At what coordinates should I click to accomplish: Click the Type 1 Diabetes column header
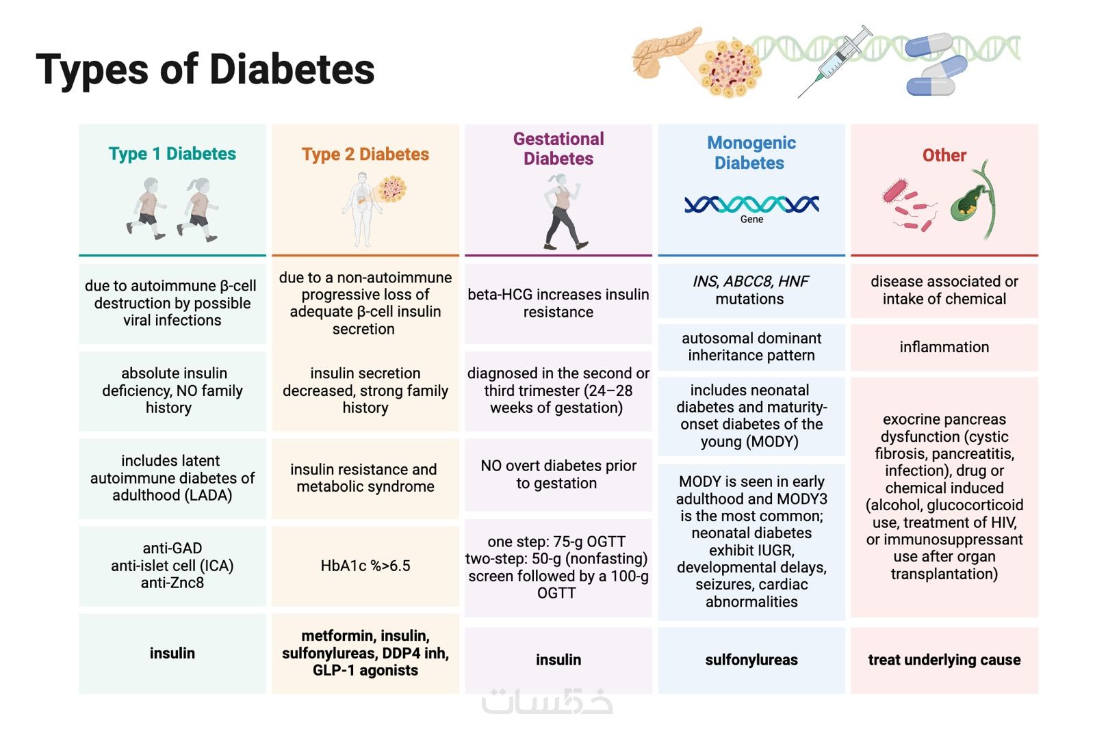pyautogui.click(x=172, y=154)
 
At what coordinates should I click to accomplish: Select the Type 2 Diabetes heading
pyautogui.click(x=365, y=155)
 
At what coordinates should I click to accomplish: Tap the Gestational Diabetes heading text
pyautogui.click(x=558, y=148)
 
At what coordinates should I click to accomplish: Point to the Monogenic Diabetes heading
pyautogui.click(x=751, y=153)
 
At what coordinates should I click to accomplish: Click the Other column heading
pyautogui.click(x=944, y=155)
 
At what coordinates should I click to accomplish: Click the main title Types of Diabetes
pyautogui.click(x=205, y=70)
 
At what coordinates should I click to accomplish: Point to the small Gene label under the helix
pyautogui.click(x=751, y=220)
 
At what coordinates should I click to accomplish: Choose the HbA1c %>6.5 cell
pyautogui.click(x=365, y=566)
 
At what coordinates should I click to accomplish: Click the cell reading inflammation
pyautogui.click(x=944, y=347)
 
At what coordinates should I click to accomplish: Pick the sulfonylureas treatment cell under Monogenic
pyautogui.click(x=751, y=660)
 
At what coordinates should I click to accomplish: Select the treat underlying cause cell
pyautogui.click(x=944, y=660)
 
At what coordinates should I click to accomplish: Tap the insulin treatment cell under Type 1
pyautogui.click(x=172, y=653)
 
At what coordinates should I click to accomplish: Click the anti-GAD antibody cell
pyautogui.click(x=172, y=566)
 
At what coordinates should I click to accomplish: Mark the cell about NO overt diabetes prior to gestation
pyautogui.click(x=558, y=475)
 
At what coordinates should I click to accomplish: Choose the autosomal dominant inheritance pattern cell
pyautogui.click(x=751, y=347)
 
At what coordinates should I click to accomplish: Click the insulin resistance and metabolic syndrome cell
pyautogui.click(x=365, y=478)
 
